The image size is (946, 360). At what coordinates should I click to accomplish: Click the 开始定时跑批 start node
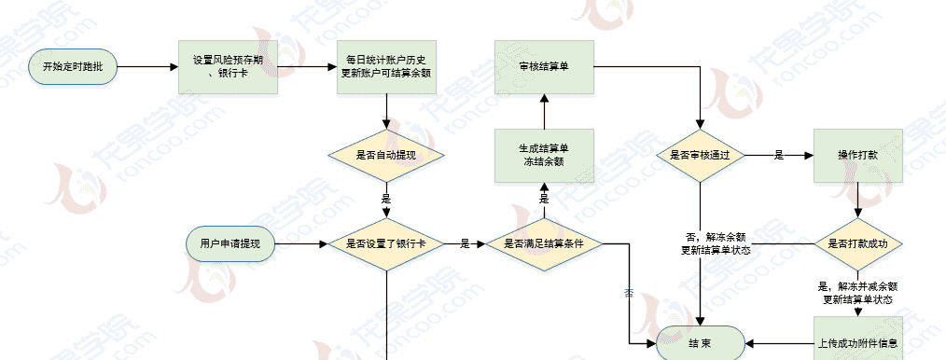tap(73, 67)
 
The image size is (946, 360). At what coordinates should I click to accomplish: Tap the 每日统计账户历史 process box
tap(386, 67)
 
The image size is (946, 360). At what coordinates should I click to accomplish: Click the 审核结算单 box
tap(544, 67)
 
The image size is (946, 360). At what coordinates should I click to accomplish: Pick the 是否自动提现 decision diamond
tap(386, 154)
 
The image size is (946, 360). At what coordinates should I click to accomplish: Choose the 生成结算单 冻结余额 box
tap(544, 155)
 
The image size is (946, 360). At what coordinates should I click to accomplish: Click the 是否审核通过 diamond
tap(701, 155)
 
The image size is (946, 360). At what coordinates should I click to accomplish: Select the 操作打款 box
tap(858, 155)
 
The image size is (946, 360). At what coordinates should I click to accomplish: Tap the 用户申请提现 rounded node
tap(230, 243)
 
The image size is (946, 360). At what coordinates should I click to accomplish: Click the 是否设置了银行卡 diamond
tap(386, 243)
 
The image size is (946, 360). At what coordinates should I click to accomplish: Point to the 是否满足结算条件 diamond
tap(544, 243)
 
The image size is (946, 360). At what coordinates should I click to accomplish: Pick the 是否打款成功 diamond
tap(858, 243)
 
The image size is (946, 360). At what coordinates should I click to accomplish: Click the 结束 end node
tap(701, 344)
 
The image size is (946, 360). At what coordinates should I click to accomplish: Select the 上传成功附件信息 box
tap(858, 343)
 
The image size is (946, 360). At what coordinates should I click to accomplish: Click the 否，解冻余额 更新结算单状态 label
tap(716, 243)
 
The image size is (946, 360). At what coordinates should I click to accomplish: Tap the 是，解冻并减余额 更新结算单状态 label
tap(858, 293)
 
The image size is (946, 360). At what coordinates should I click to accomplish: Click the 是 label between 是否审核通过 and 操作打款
tap(778, 155)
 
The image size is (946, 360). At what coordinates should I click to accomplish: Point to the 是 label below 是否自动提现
tap(386, 198)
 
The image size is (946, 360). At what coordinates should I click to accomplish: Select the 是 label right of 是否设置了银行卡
tap(465, 243)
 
